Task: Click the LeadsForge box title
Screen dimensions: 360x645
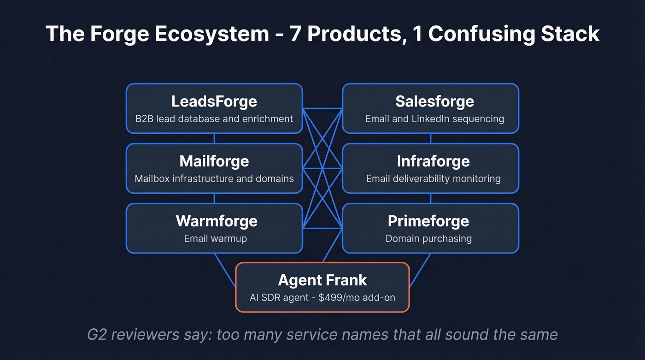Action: click(214, 101)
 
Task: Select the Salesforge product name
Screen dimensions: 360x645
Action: click(434, 101)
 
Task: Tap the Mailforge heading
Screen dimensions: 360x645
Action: click(214, 161)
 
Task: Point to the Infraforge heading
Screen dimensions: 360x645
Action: click(433, 161)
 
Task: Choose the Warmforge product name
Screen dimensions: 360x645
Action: click(216, 221)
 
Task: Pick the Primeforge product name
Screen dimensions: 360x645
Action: click(428, 221)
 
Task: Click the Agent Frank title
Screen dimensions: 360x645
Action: click(322, 280)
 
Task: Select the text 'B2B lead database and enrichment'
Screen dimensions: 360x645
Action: click(214, 118)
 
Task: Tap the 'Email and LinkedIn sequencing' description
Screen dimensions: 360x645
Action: click(434, 118)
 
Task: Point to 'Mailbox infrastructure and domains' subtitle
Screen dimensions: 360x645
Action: click(214, 178)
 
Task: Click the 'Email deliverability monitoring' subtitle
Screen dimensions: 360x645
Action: click(433, 178)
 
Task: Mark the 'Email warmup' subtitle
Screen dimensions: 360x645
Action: click(216, 238)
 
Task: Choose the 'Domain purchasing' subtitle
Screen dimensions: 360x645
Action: click(428, 238)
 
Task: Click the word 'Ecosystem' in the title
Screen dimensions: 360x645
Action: click(211, 34)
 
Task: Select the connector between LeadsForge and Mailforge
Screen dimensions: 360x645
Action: click(214, 138)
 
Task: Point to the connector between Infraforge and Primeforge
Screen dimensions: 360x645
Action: click(430, 198)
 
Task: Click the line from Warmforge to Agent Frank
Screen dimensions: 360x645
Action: click(225, 270)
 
